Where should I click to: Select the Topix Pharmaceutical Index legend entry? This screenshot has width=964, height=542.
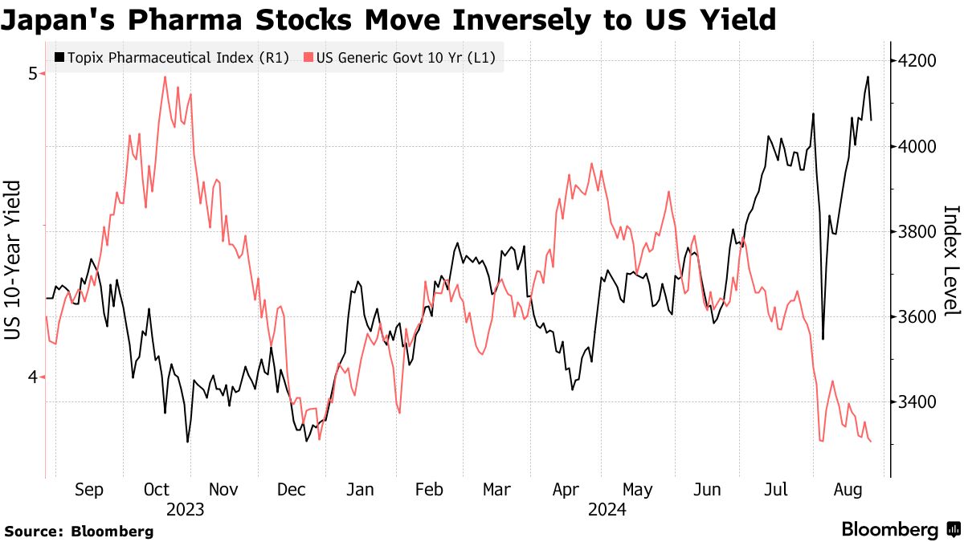(x=171, y=58)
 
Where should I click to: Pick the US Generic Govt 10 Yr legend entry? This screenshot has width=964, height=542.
(x=399, y=58)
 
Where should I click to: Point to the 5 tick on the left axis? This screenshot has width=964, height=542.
(x=33, y=74)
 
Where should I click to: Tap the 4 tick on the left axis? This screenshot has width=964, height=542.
(x=33, y=377)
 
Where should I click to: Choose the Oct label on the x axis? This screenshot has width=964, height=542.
(x=157, y=490)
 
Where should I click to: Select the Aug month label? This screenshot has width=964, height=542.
(x=848, y=490)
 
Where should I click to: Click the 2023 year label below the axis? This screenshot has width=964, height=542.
(x=186, y=510)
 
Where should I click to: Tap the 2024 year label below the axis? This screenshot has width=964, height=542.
(x=607, y=510)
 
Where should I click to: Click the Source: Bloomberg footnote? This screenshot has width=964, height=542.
(x=79, y=531)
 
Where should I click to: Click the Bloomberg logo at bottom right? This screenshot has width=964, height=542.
(x=900, y=530)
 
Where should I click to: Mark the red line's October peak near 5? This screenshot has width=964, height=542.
(x=165, y=77)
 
